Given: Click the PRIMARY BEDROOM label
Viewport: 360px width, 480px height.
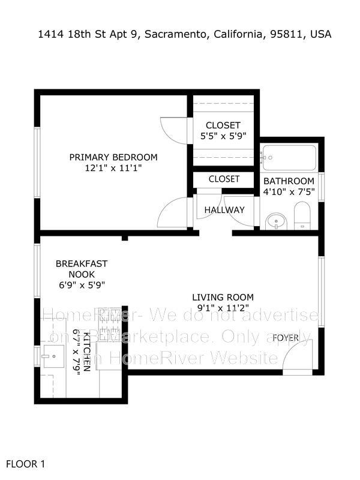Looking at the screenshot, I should [x=113, y=157].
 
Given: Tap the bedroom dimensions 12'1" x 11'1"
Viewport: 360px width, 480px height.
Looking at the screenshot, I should [x=113, y=169].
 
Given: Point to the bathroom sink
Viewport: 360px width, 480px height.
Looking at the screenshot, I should [x=277, y=221].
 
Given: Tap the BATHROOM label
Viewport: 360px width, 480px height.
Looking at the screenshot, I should [x=289, y=181].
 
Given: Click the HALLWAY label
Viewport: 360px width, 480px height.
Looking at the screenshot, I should [x=224, y=210].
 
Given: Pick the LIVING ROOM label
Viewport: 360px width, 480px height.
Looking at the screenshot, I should [x=223, y=297].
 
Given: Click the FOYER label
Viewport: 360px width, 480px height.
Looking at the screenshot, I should [x=286, y=338].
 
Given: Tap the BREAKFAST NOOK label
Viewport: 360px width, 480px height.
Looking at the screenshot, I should [x=82, y=269].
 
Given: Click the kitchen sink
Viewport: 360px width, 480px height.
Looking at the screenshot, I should [x=51, y=358].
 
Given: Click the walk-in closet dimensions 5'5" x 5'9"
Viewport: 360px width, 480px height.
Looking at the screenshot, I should [x=223, y=136].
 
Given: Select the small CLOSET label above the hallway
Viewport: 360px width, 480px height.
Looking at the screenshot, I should [x=224, y=179].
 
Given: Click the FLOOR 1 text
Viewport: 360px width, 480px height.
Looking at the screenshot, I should [x=25, y=464].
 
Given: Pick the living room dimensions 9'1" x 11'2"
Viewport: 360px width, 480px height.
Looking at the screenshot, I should [x=223, y=308].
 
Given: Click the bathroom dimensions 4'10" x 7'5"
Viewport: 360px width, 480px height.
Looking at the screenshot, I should [x=289, y=193].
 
